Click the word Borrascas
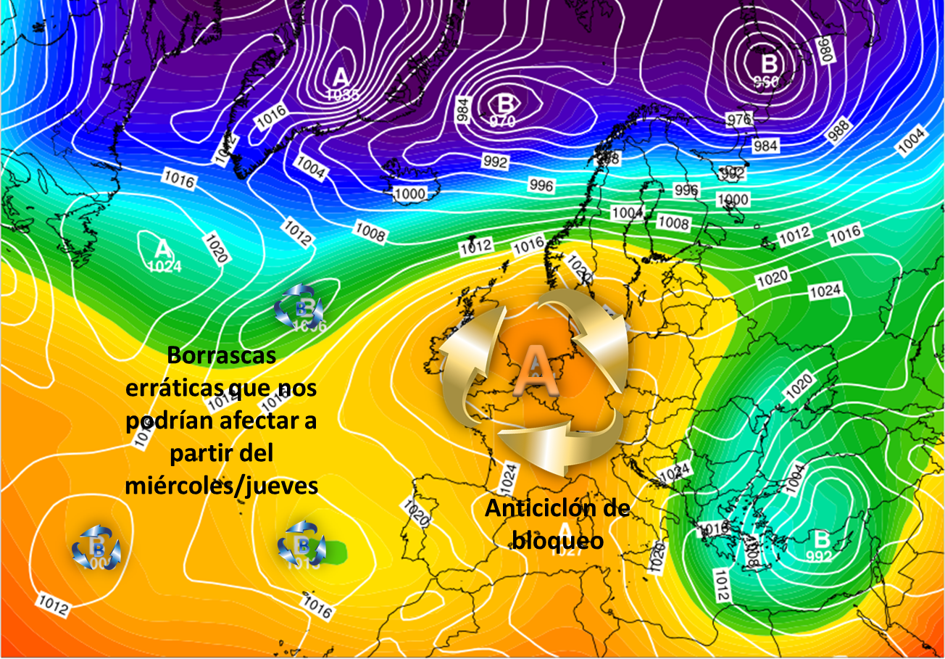(221, 356)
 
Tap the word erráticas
(171, 389)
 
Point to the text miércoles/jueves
(222, 485)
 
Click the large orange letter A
(535, 368)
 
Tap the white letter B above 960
(768, 61)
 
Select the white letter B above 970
(506, 103)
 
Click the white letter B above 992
(821, 539)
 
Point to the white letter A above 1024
(164, 249)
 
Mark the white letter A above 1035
(340, 75)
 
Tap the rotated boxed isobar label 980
(820, 47)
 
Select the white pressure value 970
(502, 121)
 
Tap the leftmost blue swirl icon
(96, 548)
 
